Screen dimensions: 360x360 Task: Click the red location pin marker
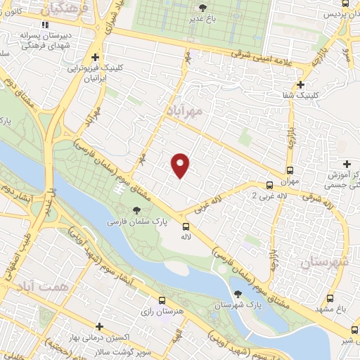pyautogui.click(x=181, y=165)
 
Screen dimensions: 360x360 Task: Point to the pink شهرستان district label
pyautogui.click(x=324, y=263)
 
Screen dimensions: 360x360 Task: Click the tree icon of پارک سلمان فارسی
pyautogui.click(x=136, y=210)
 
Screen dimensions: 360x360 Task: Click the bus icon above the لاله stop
pyautogui.click(x=186, y=226)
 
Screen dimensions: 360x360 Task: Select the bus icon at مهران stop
pyautogui.click(x=290, y=170)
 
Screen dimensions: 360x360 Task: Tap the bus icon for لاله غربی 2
pyautogui.click(x=269, y=186)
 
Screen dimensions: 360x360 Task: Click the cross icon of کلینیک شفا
pyautogui.click(x=300, y=84)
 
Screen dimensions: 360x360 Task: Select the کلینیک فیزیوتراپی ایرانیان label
pyautogui.click(x=95, y=74)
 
